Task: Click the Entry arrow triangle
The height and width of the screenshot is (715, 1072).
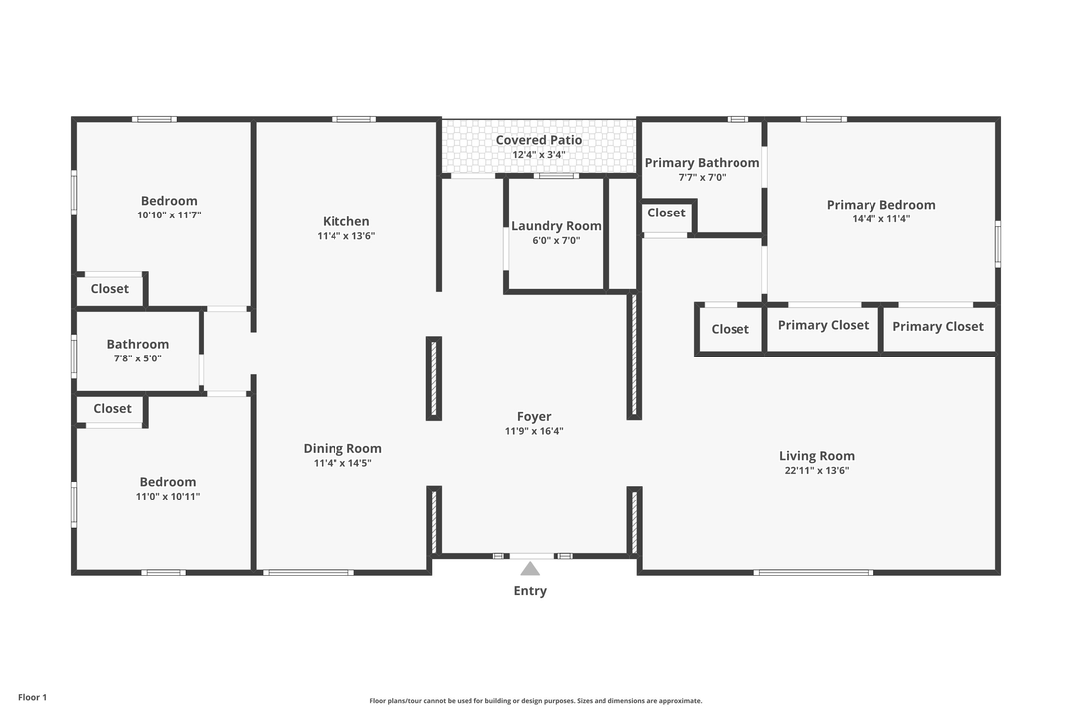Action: (x=530, y=569)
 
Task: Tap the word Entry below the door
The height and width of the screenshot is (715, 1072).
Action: (x=530, y=591)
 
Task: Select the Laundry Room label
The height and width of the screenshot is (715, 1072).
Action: (x=556, y=226)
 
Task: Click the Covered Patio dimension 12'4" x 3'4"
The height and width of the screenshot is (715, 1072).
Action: (x=539, y=155)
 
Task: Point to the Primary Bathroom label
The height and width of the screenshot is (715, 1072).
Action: (x=702, y=163)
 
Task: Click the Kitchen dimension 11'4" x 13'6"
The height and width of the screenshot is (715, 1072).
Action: (x=346, y=236)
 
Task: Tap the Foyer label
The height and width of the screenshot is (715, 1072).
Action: (x=534, y=417)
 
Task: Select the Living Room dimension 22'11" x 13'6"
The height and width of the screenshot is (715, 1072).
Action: (x=816, y=471)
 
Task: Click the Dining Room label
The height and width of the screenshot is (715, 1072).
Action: (x=342, y=448)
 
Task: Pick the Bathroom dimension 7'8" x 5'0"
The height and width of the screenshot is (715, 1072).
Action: (x=138, y=358)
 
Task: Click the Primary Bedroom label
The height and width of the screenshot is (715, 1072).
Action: (x=880, y=205)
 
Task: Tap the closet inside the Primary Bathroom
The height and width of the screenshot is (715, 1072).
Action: (x=666, y=213)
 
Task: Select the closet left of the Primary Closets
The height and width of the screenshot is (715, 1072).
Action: (x=730, y=329)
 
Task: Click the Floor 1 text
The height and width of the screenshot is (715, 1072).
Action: (x=32, y=698)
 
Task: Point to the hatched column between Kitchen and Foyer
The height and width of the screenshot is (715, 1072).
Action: (x=434, y=378)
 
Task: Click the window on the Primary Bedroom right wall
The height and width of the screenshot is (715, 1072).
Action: (x=997, y=244)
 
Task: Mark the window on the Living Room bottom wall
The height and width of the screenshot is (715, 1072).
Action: (x=814, y=572)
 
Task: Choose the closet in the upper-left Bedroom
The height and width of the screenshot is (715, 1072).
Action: (x=109, y=289)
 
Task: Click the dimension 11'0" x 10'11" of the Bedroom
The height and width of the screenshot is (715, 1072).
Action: (x=167, y=496)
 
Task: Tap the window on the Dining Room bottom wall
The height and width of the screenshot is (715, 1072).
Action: (x=309, y=572)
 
